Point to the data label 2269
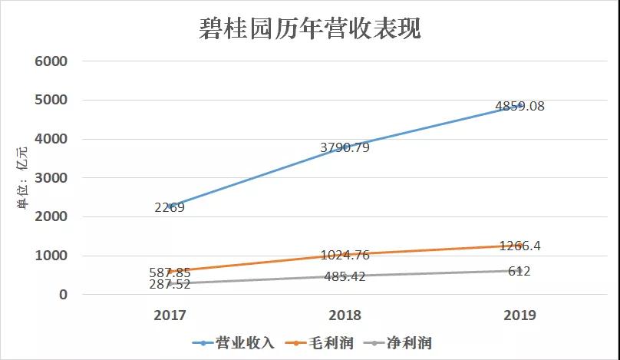pos(169,207)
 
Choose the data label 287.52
pos(170,284)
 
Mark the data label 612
pos(519,271)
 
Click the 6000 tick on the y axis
pos(52,61)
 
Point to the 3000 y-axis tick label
pos(52,178)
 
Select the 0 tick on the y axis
pos(62,295)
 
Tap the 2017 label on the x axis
pos(170,315)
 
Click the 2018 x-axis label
pos(345,315)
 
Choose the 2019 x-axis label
pos(519,315)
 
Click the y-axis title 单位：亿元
pos(23,182)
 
